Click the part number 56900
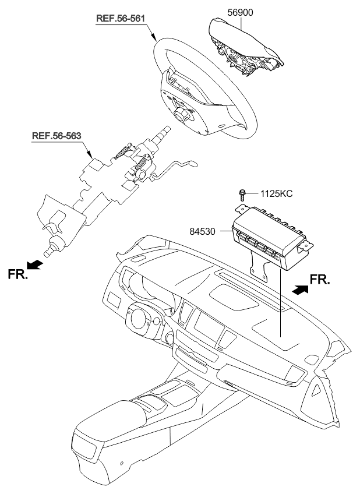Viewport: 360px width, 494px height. pyautogui.click(x=241, y=13)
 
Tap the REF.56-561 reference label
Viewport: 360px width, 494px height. pyautogui.click(x=121, y=18)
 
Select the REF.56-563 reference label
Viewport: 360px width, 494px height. pyautogui.click(x=57, y=136)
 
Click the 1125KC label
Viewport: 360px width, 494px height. pyautogui.click(x=276, y=193)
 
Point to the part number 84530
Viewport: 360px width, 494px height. pyautogui.click(x=203, y=232)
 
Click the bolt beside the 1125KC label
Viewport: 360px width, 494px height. pyautogui.click(x=242, y=195)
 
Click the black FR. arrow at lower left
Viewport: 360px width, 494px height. pyautogui.click(x=34, y=264)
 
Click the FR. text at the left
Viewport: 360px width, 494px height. pyautogui.click(x=18, y=274)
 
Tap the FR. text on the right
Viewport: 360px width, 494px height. pyautogui.click(x=320, y=279)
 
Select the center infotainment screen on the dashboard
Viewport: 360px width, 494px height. pyautogui.click(x=207, y=327)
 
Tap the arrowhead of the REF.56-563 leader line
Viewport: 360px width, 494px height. pyautogui.click(x=90, y=154)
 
